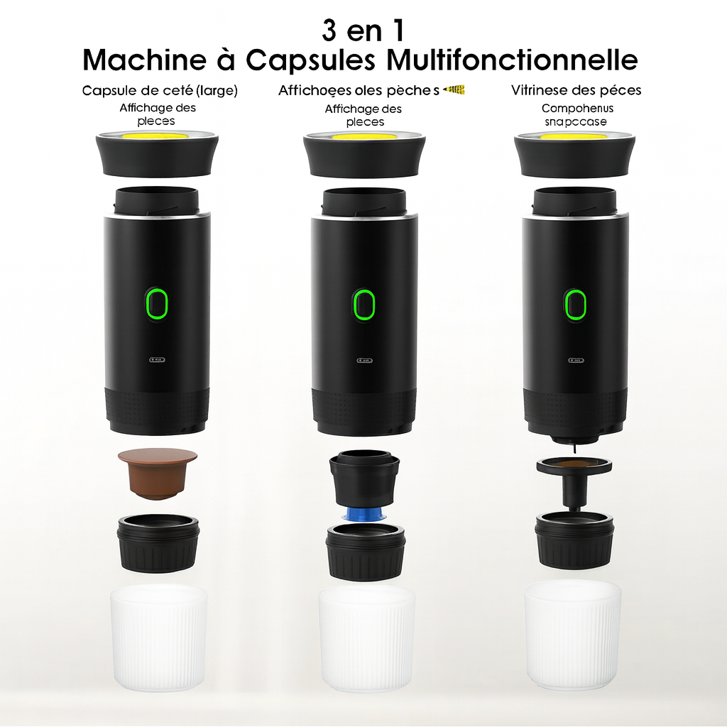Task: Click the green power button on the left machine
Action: (x=157, y=303)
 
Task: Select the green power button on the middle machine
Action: (x=364, y=305)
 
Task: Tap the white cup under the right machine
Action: (x=573, y=637)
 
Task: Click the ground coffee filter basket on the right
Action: (x=574, y=465)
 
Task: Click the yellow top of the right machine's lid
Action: (x=575, y=135)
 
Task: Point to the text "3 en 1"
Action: (x=363, y=31)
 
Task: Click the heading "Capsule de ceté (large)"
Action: (x=160, y=90)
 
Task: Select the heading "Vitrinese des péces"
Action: (x=576, y=90)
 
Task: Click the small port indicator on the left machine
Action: (x=157, y=360)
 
